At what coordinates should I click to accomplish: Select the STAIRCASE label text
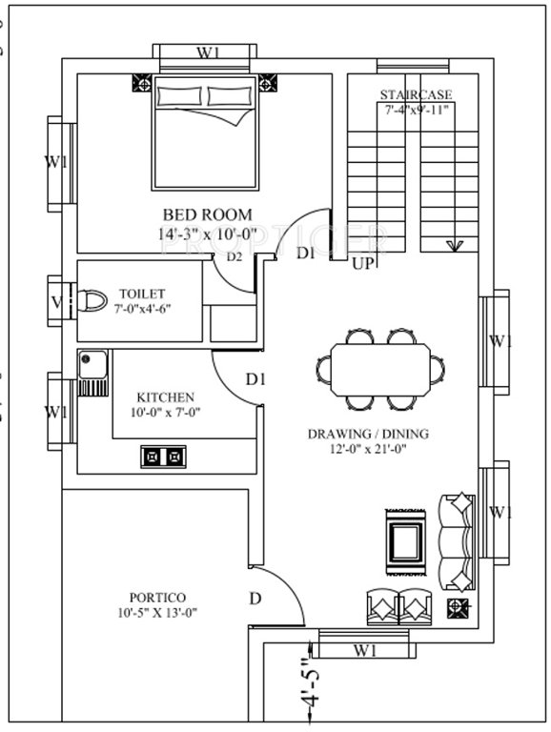coord(416,94)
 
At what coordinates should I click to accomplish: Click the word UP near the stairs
coord(363,263)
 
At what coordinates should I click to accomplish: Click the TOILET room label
coord(142,294)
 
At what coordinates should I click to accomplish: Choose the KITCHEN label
coord(166,396)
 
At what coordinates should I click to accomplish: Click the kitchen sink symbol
coord(93,375)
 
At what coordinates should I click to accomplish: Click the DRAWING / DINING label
coord(368,434)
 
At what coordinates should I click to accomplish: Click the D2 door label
coord(235,256)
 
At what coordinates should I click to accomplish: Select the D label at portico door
coord(255,598)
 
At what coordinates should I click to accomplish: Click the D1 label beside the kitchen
coord(255,379)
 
